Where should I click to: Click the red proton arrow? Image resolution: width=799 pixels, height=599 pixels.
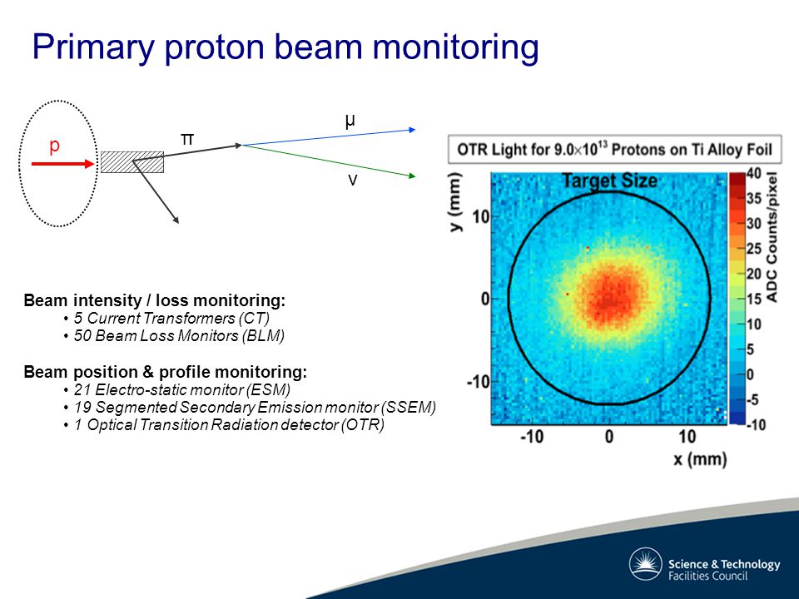[63, 164]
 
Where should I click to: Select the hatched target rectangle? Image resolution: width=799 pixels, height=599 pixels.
[132, 162]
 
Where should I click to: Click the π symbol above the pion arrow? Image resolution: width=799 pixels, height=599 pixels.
[187, 139]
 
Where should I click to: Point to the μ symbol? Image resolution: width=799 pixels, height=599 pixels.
[350, 121]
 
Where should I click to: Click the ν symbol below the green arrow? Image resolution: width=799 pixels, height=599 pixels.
[353, 181]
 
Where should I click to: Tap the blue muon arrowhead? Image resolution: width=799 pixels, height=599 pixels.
[412, 130]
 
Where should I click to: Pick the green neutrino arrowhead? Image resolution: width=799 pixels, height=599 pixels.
[412, 176]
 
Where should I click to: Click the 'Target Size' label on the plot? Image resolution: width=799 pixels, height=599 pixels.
[609, 181]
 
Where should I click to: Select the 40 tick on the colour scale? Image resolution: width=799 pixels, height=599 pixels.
[754, 174]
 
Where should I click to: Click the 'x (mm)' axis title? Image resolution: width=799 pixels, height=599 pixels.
[700, 459]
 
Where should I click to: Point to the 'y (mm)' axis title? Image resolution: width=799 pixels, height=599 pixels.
[456, 201]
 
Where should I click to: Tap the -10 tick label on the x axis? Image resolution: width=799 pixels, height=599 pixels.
[532, 437]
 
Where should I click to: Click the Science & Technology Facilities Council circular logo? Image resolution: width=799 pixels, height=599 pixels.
[646, 564]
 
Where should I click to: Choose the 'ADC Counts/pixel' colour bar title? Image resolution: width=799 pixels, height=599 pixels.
[772, 237]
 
